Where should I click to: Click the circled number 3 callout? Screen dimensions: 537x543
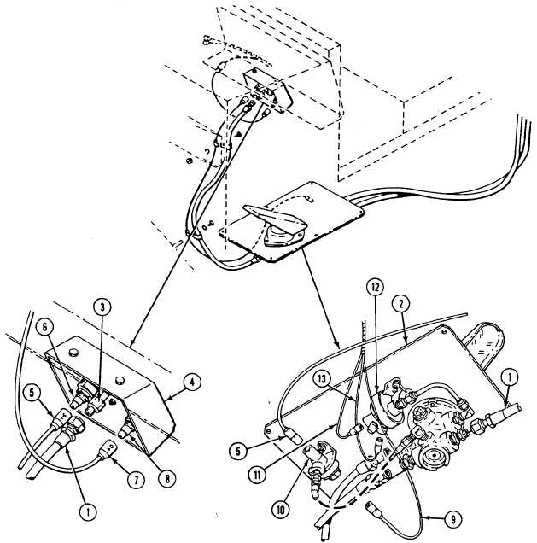[x=102, y=308]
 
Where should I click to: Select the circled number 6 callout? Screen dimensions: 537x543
[x=47, y=328]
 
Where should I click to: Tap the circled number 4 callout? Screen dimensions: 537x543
[x=192, y=382]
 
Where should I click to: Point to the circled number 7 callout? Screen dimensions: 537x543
[x=136, y=481]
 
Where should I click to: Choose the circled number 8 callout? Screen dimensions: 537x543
[x=166, y=479]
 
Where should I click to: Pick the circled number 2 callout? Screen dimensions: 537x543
[x=401, y=304]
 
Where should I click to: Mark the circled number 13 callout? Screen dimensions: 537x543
[x=322, y=379]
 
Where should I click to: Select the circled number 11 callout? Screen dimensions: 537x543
[x=258, y=476]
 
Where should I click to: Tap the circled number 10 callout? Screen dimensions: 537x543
[x=281, y=510]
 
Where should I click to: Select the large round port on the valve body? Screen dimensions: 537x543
[x=432, y=457]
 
